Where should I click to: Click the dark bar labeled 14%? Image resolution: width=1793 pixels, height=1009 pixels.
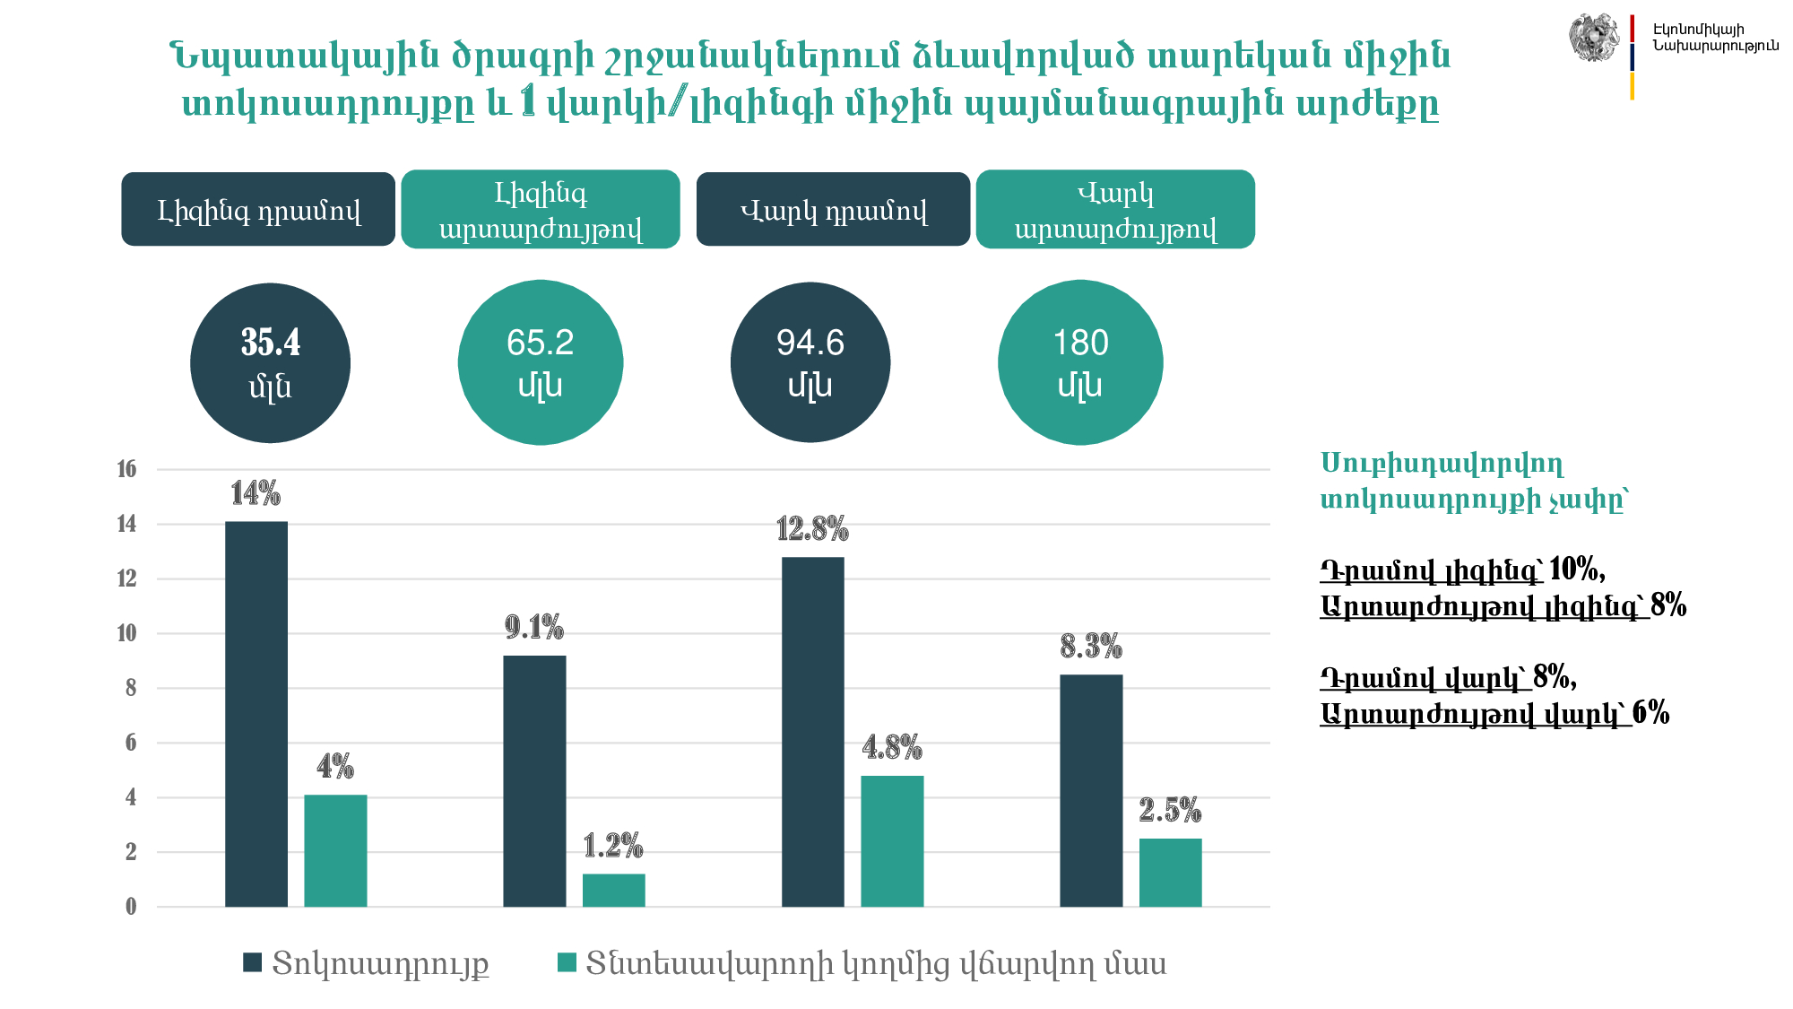coord(256,713)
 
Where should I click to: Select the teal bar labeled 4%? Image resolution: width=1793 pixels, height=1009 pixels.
coord(335,850)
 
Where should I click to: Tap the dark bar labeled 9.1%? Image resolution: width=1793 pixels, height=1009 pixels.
coord(534,780)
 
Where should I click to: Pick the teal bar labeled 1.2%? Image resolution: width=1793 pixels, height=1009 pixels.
coord(613,890)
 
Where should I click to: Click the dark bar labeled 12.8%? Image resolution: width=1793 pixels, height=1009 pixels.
coord(813,731)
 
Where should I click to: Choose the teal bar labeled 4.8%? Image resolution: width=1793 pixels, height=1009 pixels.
coord(892,840)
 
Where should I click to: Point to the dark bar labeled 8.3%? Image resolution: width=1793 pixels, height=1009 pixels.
coord(1091,790)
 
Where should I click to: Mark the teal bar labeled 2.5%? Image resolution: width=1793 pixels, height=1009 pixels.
coord(1170,872)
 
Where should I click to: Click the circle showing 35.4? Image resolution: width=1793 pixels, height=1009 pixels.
coord(270,363)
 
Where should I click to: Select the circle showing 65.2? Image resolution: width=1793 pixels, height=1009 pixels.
coord(540,363)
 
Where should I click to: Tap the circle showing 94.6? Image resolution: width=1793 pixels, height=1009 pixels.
coord(810,363)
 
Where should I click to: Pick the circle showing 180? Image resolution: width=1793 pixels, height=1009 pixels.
coord(1080,363)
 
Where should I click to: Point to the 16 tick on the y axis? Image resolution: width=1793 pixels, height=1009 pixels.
coord(126,469)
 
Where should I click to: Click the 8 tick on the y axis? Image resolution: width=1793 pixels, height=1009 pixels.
coord(131,688)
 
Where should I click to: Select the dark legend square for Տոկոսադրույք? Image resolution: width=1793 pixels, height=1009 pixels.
coord(252,963)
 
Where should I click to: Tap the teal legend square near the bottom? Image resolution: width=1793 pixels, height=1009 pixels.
coord(567,963)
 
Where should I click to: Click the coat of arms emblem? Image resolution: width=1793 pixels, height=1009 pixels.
coord(1593,38)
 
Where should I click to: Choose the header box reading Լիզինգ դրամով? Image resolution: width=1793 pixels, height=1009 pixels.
coord(258,210)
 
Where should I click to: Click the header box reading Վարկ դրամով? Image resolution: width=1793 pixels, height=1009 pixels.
coord(833,210)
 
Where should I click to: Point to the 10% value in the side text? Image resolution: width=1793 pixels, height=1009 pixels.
coord(1575,569)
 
